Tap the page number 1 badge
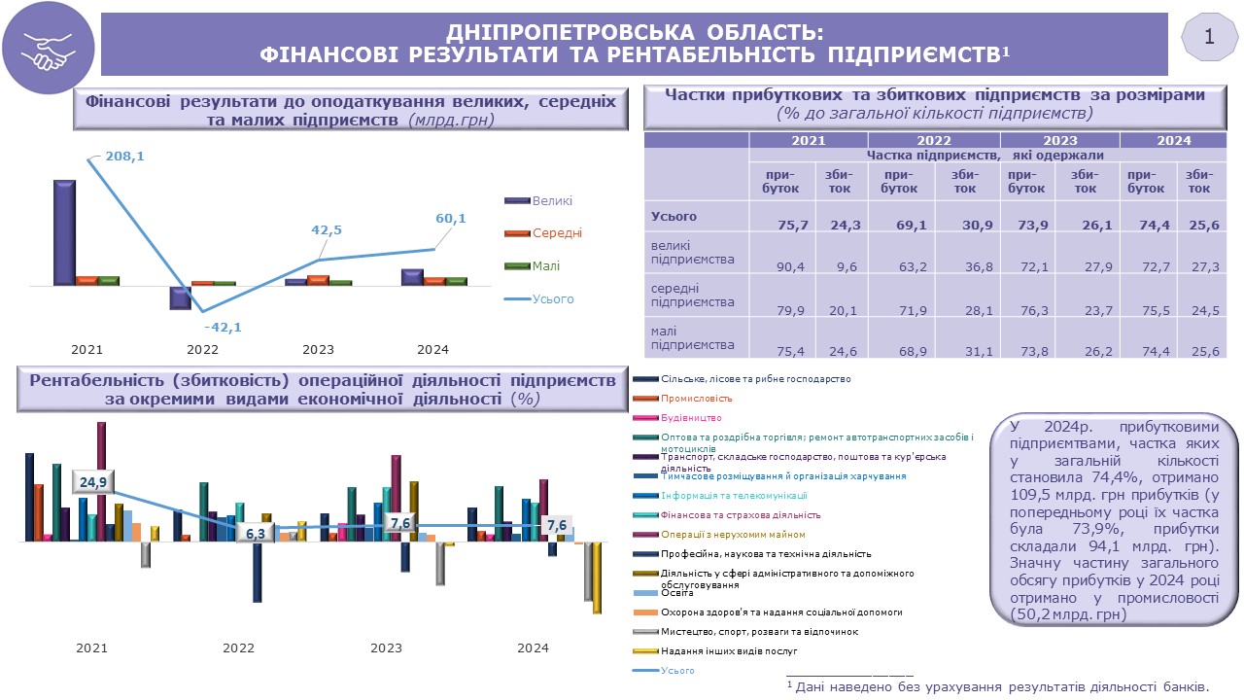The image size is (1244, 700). pos(1209,38)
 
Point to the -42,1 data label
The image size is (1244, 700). pos(223,328)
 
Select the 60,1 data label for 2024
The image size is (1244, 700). pos(451,219)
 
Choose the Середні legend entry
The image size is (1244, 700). pos(557,233)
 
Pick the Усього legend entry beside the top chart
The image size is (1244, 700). pos(553,299)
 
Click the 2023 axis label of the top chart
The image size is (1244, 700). pos(318,349)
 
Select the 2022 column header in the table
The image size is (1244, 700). pos(933,140)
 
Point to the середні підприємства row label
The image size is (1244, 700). pos(692,296)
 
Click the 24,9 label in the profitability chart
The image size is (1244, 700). pos(93,483)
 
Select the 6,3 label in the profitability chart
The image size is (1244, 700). pos(256,534)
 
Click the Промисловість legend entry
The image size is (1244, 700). pos(696,399)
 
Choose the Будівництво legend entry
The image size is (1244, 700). pos(691,418)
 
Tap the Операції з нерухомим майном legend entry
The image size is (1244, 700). pos(718,535)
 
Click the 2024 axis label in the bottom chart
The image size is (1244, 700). pos(533,648)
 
